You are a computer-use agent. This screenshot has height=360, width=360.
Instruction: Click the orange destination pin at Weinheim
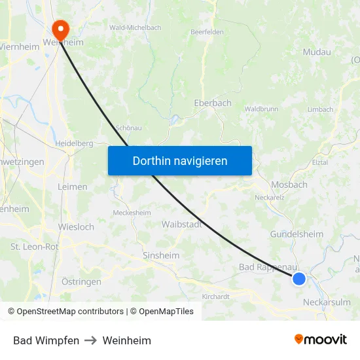60,28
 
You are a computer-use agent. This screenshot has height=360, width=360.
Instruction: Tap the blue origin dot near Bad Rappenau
299,279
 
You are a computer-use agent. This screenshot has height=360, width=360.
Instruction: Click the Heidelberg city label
73,143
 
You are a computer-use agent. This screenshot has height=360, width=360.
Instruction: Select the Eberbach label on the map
213,103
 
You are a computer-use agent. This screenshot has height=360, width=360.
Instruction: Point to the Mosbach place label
289,185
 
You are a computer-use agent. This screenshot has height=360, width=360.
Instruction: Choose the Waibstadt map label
181,224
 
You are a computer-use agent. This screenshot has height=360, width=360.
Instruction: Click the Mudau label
317,52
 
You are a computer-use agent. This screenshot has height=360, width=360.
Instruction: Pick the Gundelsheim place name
297,234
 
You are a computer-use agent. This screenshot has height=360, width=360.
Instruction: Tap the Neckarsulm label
328,302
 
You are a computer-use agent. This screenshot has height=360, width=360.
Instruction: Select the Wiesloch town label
76,227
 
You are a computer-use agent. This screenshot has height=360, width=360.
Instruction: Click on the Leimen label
72,187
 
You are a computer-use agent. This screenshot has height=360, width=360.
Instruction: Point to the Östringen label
81,281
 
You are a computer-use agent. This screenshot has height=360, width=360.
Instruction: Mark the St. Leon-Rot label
34,247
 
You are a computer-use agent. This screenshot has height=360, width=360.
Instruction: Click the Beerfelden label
206,31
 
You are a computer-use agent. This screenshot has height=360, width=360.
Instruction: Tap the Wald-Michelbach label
135,27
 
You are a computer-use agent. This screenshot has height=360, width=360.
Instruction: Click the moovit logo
321,340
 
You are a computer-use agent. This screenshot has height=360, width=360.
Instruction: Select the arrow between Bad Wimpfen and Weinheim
91,340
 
